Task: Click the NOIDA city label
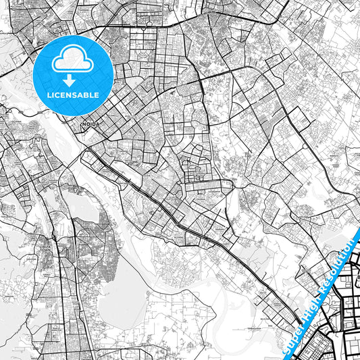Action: click(90, 124)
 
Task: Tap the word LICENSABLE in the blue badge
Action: click(73, 95)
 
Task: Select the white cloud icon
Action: click(73, 59)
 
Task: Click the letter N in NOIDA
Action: click(83, 124)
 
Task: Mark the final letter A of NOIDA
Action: click(97, 124)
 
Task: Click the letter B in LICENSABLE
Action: click(86, 95)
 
